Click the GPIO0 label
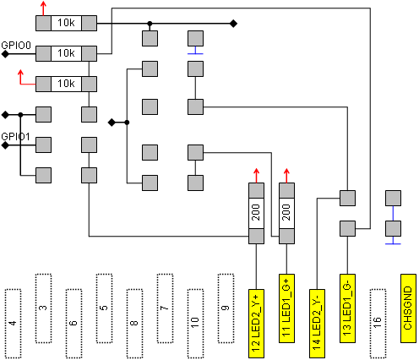[x=16, y=46]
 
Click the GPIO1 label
[x=15, y=137]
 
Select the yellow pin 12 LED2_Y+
[x=256, y=324]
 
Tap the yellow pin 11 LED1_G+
[x=286, y=308]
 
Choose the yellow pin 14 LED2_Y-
[x=317, y=324]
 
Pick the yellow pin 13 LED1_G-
[x=347, y=308]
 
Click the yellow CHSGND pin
[x=408, y=308]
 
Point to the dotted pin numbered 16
[x=378, y=324]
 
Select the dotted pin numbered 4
[x=13, y=324]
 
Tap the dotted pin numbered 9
[x=226, y=308]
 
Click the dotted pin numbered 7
[x=165, y=308]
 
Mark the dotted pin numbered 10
[x=195, y=324]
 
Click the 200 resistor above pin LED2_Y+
[x=256, y=213]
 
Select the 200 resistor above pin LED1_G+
[x=286, y=213]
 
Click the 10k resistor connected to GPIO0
[x=66, y=53]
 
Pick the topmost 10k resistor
[x=66, y=23]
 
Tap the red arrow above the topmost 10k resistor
[x=43, y=8]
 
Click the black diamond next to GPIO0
[x=5, y=54]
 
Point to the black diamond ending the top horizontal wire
[x=233, y=24]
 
